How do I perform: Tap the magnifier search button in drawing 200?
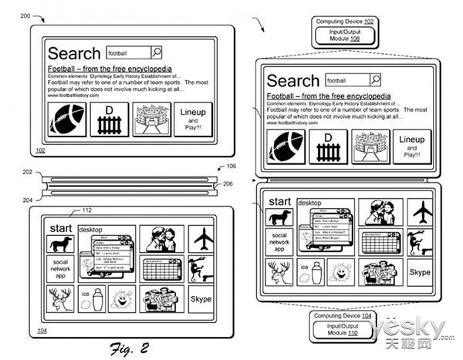(x=157, y=52)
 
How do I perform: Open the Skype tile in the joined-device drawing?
(x=420, y=272)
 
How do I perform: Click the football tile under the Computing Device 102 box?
(x=285, y=146)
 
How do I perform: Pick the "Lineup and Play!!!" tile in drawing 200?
(x=193, y=119)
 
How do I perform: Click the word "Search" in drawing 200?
(x=74, y=54)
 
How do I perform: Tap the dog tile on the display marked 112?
(x=60, y=244)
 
